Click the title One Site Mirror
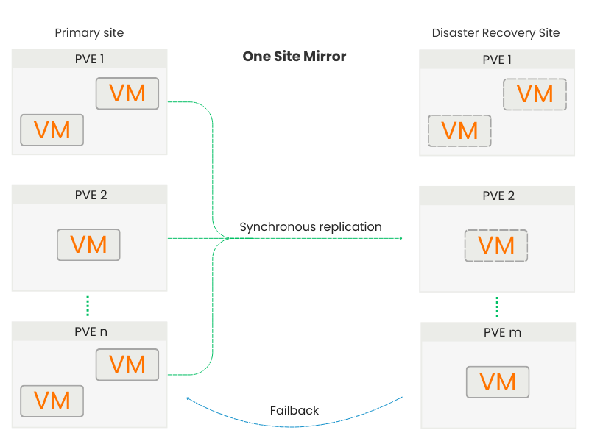tap(294, 57)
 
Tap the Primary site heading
tap(89, 33)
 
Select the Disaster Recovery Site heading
tap(495, 33)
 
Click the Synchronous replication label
tap(311, 227)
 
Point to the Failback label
tap(294, 410)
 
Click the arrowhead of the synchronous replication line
tap(401, 238)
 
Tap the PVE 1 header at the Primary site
tap(90, 60)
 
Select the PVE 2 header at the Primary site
tap(90, 196)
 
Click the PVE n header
tap(90, 331)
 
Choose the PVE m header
tap(498, 332)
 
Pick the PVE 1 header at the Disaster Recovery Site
tap(498, 60)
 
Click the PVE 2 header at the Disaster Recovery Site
tap(498, 196)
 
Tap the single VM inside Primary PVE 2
tap(88, 245)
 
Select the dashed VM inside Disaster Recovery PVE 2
tap(496, 245)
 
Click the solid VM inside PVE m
tap(498, 381)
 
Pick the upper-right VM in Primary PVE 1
tap(127, 93)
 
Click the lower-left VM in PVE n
tap(52, 401)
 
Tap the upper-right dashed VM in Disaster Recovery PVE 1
tap(535, 94)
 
